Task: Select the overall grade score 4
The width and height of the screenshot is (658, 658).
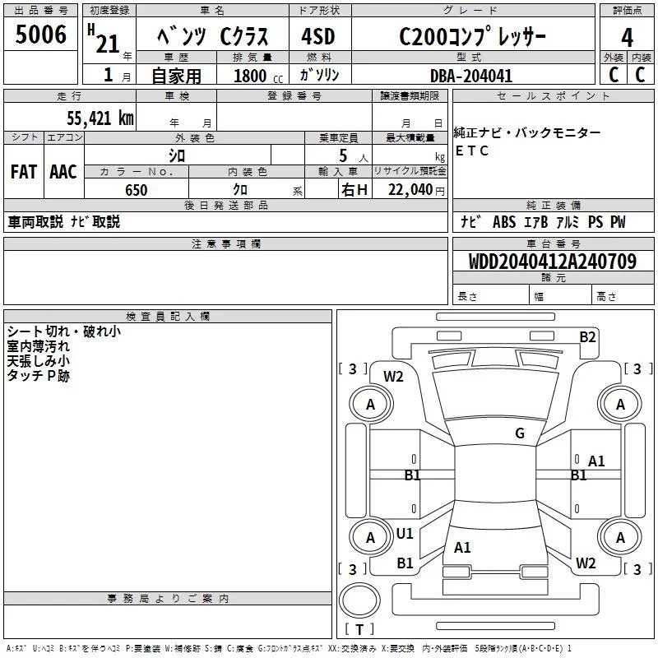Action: (x=628, y=38)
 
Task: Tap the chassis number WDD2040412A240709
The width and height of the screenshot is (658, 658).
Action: (x=552, y=262)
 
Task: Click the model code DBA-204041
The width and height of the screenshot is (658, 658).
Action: (x=471, y=76)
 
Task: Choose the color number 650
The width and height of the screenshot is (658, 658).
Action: (x=136, y=190)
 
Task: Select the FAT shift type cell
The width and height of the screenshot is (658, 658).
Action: (x=23, y=172)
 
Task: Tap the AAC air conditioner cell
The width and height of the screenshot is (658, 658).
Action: (x=63, y=172)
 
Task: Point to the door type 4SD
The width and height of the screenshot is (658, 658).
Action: (x=320, y=38)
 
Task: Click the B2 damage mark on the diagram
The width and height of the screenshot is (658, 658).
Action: (x=587, y=336)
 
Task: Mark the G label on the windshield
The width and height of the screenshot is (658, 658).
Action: (x=520, y=433)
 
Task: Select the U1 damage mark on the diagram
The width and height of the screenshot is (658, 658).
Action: (x=405, y=534)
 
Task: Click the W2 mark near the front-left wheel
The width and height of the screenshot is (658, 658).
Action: (x=394, y=377)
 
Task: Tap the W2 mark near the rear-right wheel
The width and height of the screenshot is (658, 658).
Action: (x=586, y=563)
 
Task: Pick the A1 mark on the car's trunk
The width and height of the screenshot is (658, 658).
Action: (x=462, y=547)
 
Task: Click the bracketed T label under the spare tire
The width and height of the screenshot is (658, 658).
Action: (x=359, y=630)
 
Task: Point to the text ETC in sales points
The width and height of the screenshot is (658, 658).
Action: (x=472, y=151)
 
